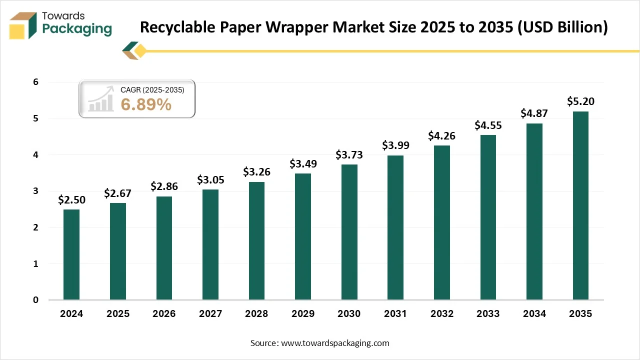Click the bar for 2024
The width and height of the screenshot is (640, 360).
71,254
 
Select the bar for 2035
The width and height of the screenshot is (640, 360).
580,205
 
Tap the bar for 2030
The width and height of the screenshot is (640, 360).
349,232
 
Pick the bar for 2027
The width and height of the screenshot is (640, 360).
210,244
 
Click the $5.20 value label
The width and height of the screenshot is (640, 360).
580,101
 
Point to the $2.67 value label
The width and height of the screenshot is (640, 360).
118,193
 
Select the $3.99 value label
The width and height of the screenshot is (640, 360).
395,145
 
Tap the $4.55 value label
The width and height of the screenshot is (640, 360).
488,125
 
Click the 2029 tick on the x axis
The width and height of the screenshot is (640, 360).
303,314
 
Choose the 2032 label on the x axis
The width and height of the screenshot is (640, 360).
441,314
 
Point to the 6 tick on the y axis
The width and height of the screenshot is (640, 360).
35,82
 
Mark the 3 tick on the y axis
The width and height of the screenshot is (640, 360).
35,191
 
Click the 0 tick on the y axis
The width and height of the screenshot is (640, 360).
35,300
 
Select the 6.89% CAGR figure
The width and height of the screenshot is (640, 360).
146,104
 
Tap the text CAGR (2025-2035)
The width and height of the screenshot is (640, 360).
152,90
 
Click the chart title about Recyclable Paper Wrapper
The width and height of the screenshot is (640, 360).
373,27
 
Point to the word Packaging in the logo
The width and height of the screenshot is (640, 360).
77,28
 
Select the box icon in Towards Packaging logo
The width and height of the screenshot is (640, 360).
23,25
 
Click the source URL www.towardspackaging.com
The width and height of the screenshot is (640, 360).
334,343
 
